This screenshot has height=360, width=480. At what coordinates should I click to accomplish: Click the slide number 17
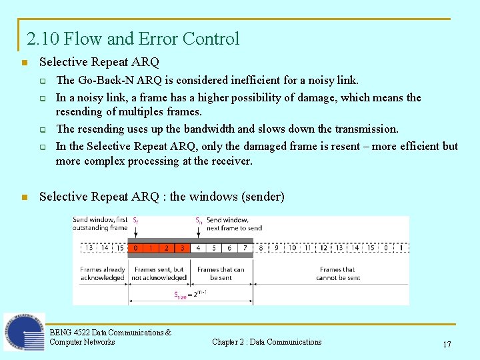click(x=447, y=345)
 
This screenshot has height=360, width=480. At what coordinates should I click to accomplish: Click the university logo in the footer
click(x=24, y=331)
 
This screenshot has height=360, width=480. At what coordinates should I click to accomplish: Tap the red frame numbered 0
click(x=136, y=248)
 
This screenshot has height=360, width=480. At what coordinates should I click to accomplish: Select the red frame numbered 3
click(x=182, y=248)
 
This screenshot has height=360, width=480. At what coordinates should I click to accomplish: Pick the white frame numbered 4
click(x=198, y=248)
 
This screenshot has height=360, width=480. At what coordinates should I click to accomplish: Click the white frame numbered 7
click(x=245, y=248)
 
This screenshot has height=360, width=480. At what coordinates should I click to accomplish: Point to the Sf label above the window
click(x=135, y=219)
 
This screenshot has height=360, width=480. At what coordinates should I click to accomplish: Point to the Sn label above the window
click(x=199, y=219)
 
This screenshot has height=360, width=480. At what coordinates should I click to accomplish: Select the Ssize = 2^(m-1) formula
click(x=190, y=294)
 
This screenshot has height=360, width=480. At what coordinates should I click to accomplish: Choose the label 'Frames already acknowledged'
click(x=103, y=274)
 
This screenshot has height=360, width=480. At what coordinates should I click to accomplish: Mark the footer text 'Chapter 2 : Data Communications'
click(x=267, y=342)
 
